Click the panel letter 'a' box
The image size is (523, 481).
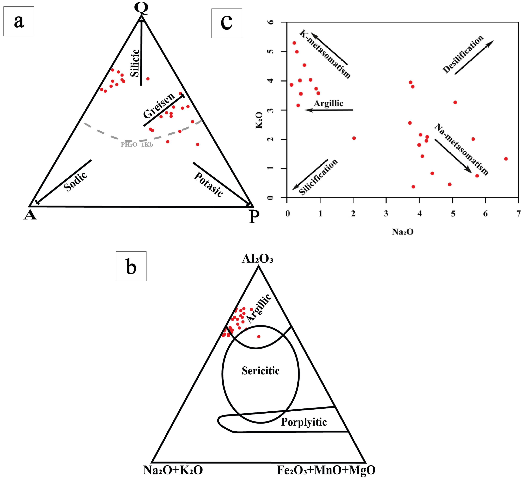click(19, 21)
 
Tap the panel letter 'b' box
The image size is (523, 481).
click(131, 266)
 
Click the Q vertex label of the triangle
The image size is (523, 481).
click(141, 8)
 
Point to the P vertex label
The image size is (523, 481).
click(254, 217)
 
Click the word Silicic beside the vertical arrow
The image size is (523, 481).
click(135, 63)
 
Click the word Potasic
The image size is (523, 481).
click(208, 184)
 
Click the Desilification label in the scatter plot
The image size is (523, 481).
click(463, 54)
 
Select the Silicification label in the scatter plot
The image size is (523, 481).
click(318, 177)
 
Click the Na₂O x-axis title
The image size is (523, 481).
click(402, 232)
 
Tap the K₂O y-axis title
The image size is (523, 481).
click(259, 120)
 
